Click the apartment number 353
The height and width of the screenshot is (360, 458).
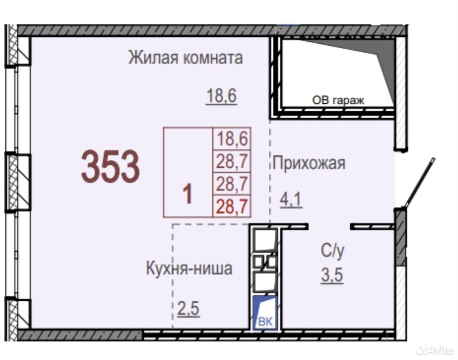pos(110,167)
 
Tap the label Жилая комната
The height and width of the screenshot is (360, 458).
pos(185,57)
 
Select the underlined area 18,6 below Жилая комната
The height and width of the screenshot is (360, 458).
pos(222,96)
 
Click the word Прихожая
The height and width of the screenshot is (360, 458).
pos(309,163)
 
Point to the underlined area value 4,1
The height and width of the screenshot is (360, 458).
pos(291,200)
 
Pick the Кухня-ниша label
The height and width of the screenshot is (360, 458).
pos(189,268)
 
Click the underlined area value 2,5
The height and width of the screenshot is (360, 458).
pos(188,309)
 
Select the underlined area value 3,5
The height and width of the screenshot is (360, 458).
pos(332,275)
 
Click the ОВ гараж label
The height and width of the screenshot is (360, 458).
pos(338,100)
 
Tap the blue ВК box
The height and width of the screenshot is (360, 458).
pos(265,313)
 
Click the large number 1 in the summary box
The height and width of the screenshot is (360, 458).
pos(187,194)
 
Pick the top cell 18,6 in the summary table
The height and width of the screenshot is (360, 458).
pos(232,138)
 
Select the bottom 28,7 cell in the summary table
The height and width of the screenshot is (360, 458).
pos(232,206)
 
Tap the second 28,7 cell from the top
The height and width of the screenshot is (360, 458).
pos(232,161)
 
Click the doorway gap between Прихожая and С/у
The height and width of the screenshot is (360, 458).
pos(329,226)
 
